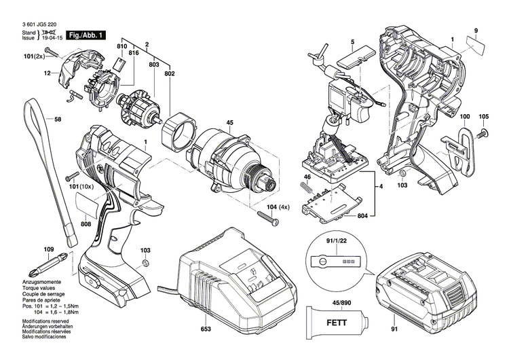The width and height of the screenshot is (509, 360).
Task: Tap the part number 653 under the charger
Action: [x=206, y=329]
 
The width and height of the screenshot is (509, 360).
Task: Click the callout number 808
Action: [x=86, y=225]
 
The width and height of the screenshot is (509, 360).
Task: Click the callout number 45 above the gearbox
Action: [x=229, y=123]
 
